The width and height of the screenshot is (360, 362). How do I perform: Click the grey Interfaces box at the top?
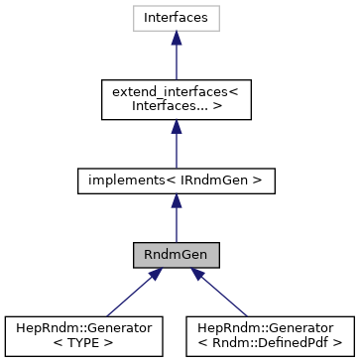pyautogui.click(x=176, y=18)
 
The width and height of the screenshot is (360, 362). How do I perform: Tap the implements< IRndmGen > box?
pyautogui.click(x=176, y=181)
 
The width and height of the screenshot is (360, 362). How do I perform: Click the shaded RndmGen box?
pyautogui.click(x=176, y=254)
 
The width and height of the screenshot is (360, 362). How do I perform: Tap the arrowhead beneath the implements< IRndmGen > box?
pyautogui.click(x=176, y=201)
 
